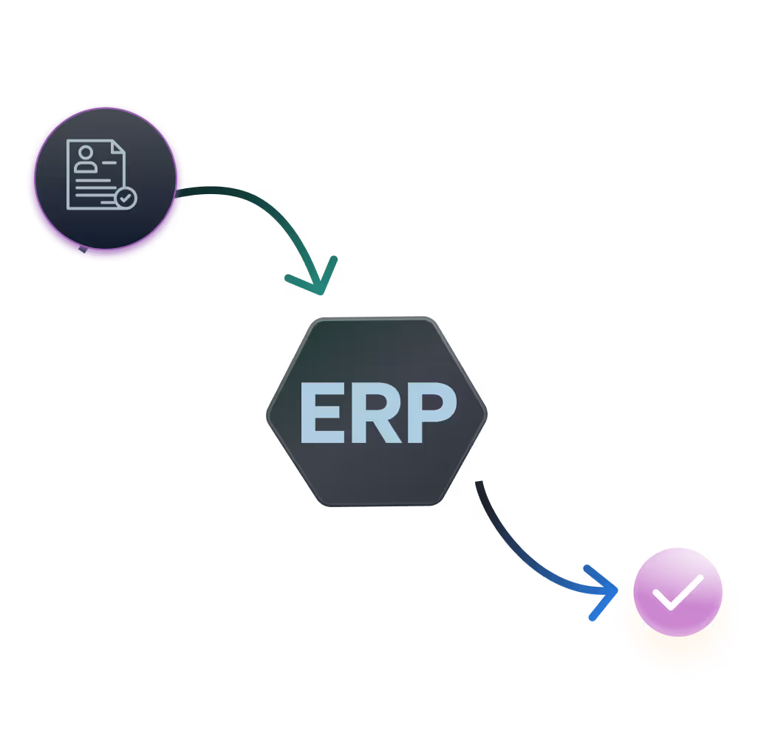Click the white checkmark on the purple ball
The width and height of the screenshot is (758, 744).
click(x=677, y=591)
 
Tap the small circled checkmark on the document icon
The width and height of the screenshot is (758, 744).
click(x=126, y=198)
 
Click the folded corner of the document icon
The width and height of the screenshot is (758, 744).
click(x=117, y=148)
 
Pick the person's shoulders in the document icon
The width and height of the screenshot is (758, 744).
click(x=86, y=167)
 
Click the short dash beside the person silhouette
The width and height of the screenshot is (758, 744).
click(x=109, y=160)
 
